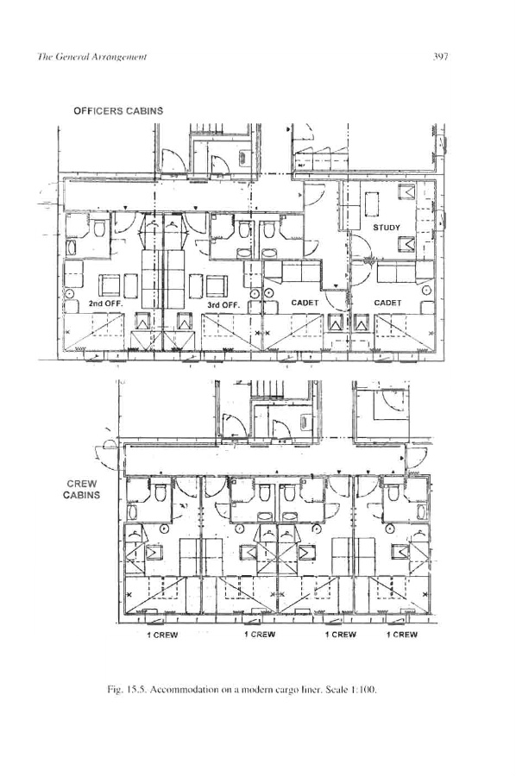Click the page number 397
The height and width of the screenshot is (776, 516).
pyautogui.click(x=440, y=56)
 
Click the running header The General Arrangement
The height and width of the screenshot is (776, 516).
pyautogui.click(x=91, y=56)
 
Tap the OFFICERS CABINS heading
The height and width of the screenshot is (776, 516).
pyautogui.click(x=118, y=111)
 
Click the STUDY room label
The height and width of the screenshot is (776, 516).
pyautogui.click(x=387, y=228)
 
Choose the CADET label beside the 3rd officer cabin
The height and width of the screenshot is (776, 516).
pyautogui.click(x=305, y=303)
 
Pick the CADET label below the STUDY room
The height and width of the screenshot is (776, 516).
pyautogui.click(x=387, y=303)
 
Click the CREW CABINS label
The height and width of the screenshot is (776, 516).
pyautogui.click(x=82, y=490)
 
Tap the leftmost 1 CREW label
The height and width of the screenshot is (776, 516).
pyautogui.click(x=162, y=635)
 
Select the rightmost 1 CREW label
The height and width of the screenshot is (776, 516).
pyautogui.click(x=402, y=635)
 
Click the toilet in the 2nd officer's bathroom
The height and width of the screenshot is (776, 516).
pyautogui.click(x=99, y=228)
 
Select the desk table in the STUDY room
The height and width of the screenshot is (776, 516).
pyautogui.click(x=372, y=204)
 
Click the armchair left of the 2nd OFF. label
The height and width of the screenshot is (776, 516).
pyautogui.click(x=110, y=285)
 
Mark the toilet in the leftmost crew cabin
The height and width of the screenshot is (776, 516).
pyautogui.click(x=160, y=492)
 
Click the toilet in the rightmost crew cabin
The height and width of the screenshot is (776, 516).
pyautogui.click(x=393, y=492)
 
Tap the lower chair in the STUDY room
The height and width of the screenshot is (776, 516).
pyautogui.click(x=407, y=244)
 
